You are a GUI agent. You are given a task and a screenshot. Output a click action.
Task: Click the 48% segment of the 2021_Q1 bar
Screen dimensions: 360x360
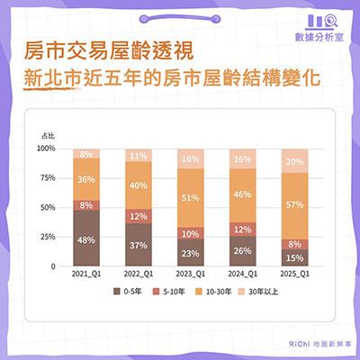pos(87,239)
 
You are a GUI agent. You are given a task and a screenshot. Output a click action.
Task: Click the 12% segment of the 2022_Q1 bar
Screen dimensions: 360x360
pos(138,216)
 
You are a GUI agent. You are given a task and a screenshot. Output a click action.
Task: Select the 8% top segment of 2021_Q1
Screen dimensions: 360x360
pos(87,154)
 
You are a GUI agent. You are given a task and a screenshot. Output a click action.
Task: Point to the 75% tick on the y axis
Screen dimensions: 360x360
pos(49,179)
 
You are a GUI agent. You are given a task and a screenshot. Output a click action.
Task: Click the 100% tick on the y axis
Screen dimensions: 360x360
pos(47,149)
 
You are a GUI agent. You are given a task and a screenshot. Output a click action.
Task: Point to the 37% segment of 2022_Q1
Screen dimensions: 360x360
pos(138,245)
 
